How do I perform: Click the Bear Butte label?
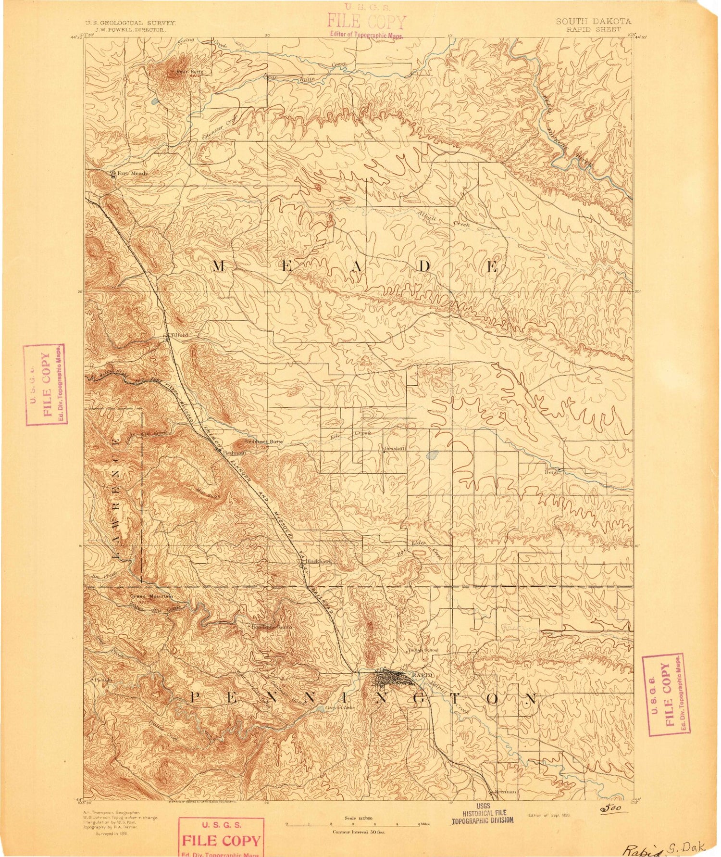point(189,72)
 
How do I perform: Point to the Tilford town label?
point(178,335)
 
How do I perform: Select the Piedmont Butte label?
point(263,441)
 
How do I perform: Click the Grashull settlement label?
point(396,448)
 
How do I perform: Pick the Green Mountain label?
point(151,596)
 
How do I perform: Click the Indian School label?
point(423,650)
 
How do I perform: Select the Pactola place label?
point(103,680)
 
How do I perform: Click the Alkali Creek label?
point(443,220)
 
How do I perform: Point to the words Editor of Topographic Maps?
point(366,34)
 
